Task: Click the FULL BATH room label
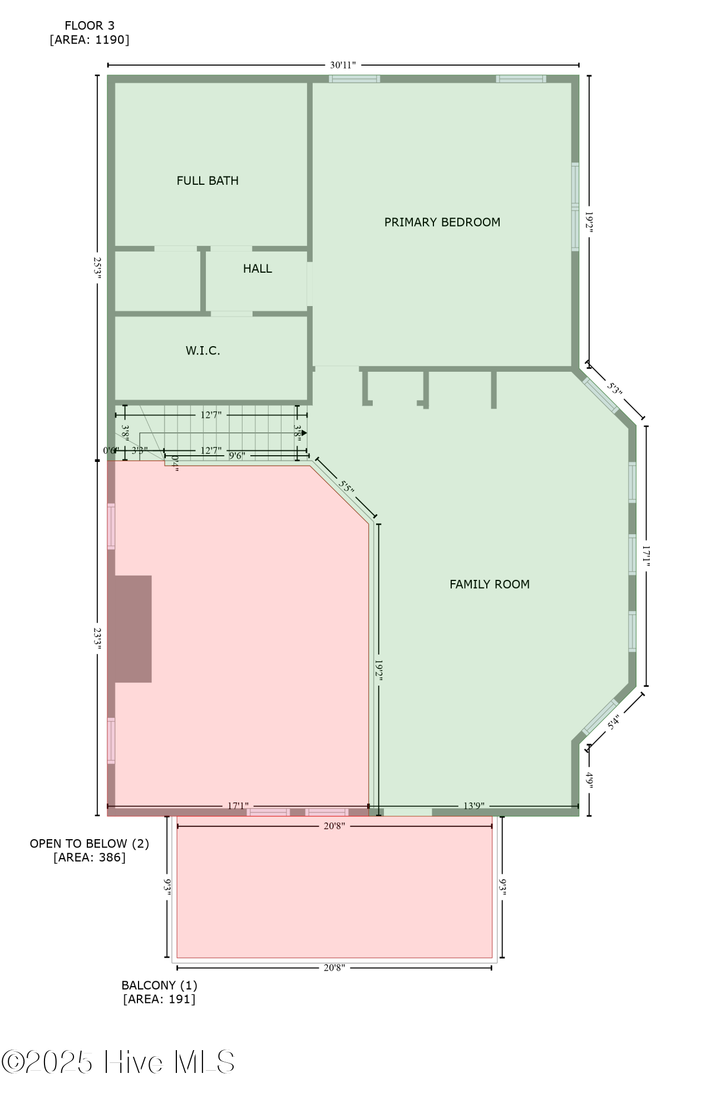coord(208,181)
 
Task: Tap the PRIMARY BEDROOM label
coord(442,223)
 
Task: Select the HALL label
coord(258,269)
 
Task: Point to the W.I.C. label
coord(203,351)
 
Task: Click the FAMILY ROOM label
coord(490,584)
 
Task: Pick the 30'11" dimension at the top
coord(343,65)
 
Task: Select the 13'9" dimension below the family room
coord(474,806)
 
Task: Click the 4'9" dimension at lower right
coord(589,781)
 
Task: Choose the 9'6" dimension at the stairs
coord(237,456)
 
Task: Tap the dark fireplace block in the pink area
coord(133,629)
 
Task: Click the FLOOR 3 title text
coord(90,26)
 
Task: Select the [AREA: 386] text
coord(90,858)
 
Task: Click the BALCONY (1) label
coord(160,985)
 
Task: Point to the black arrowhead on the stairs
coord(304,432)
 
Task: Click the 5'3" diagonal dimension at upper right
coord(614,388)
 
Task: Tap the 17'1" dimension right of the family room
coord(646,556)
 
